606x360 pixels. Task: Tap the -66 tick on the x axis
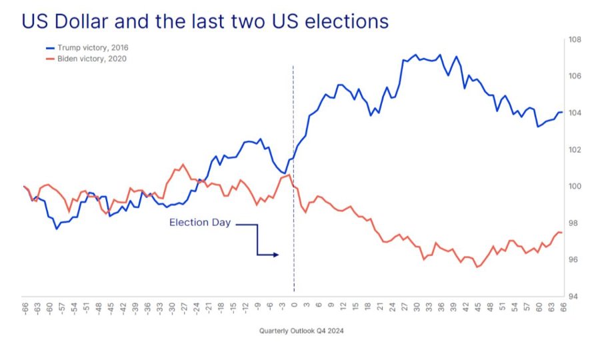tap(25, 308)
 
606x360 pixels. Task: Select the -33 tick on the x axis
tap(159, 308)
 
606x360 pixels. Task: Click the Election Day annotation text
tap(199, 223)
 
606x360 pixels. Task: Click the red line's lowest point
tap(477, 267)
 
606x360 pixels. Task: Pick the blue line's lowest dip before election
tap(57, 229)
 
